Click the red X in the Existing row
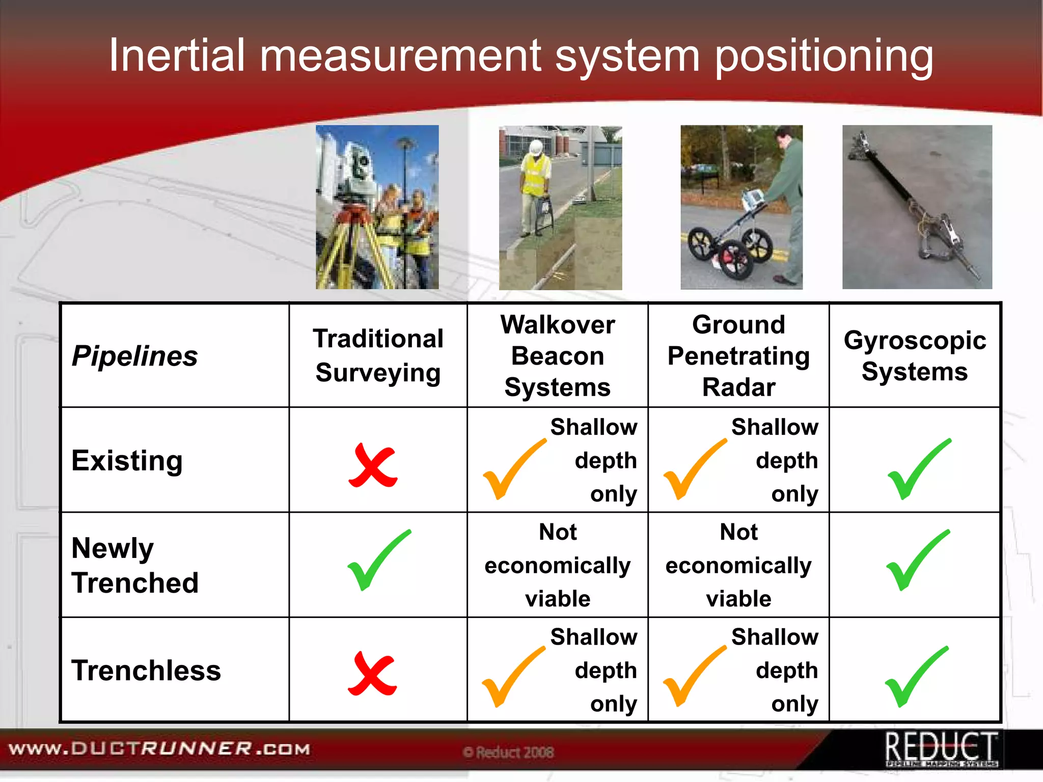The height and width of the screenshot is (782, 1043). (373, 465)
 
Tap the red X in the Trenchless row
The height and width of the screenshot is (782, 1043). (372, 673)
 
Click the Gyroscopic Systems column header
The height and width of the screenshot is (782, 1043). (915, 355)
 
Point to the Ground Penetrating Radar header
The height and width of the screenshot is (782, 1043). (738, 355)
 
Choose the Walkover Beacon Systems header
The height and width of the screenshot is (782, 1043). (558, 355)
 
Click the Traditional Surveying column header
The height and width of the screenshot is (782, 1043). (378, 355)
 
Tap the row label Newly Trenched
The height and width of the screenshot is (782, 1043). (135, 565)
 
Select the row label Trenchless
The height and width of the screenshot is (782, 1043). (146, 670)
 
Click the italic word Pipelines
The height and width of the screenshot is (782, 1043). (135, 355)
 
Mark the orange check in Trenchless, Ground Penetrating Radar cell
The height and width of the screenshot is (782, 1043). (693, 676)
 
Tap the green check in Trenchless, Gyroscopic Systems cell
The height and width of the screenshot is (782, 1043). (916, 677)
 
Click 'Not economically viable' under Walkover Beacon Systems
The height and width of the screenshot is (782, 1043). (558, 565)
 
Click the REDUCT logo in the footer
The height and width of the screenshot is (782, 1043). (941, 749)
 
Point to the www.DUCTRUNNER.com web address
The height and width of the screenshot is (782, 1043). (159, 749)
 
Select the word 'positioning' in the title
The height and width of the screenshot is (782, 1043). (824, 56)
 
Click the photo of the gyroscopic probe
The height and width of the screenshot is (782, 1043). (917, 207)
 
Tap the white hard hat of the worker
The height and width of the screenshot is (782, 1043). (535, 147)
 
